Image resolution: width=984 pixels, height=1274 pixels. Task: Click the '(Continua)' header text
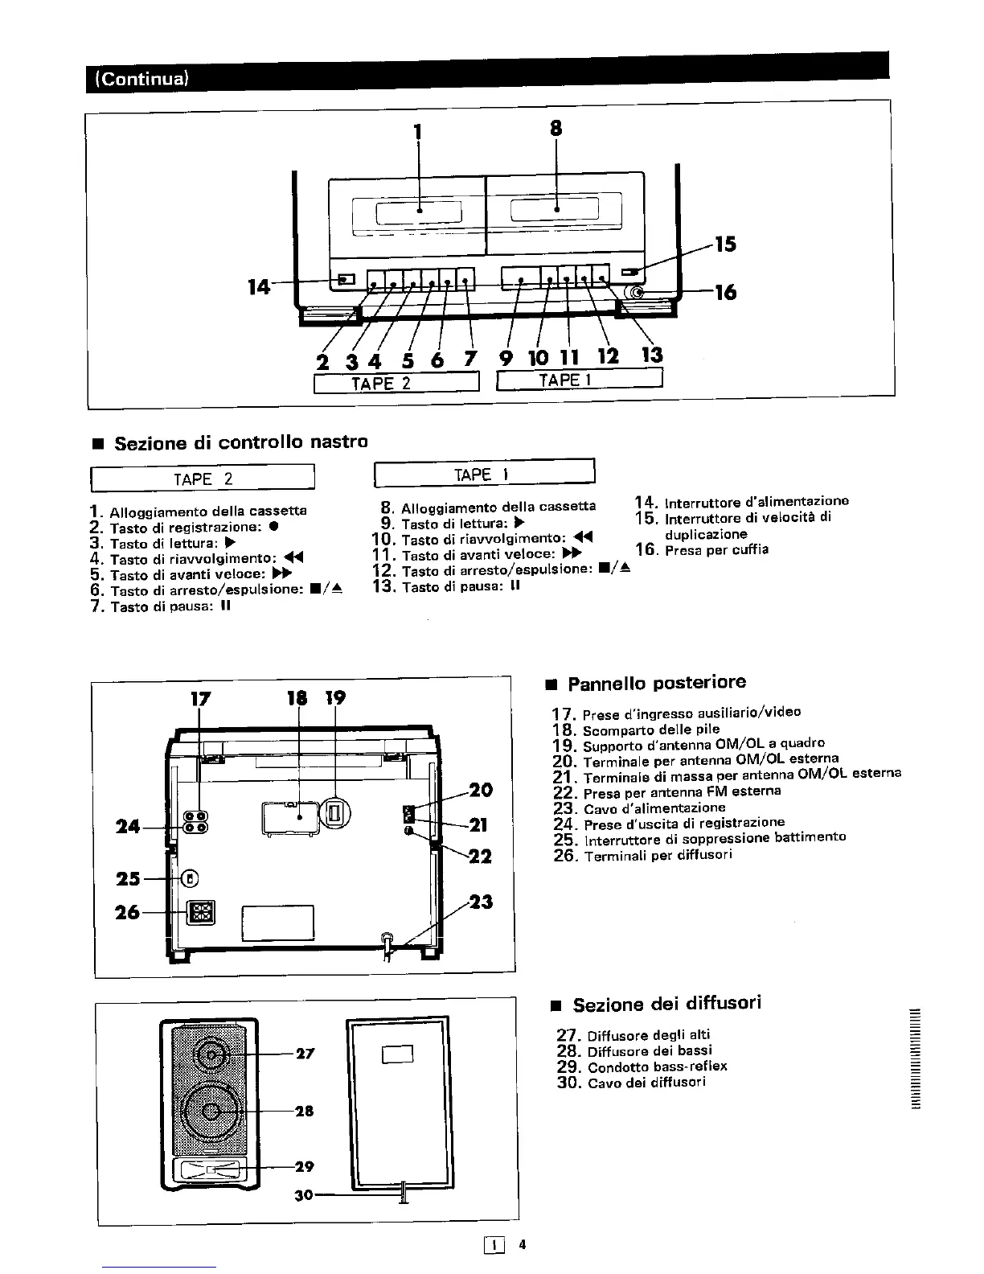pyautogui.click(x=141, y=80)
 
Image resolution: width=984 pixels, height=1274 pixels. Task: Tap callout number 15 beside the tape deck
pyautogui.click(x=725, y=244)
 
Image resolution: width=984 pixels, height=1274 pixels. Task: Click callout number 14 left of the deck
pyautogui.click(x=259, y=286)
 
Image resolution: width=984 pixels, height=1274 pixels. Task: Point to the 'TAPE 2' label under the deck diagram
pyautogui.click(x=382, y=382)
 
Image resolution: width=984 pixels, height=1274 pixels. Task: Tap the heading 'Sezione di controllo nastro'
pyautogui.click(x=241, y=442)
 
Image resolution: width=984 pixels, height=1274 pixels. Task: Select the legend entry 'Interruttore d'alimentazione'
pyautogui.click(x=756, y=502)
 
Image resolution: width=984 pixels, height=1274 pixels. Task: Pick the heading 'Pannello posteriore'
pyautogui.click(x=656, y=683)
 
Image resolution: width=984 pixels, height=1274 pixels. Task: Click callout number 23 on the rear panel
pyautogui.click(x=480, y=902)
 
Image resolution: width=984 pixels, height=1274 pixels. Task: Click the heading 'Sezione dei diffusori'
pyautogui.click(x=666, y=1004)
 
